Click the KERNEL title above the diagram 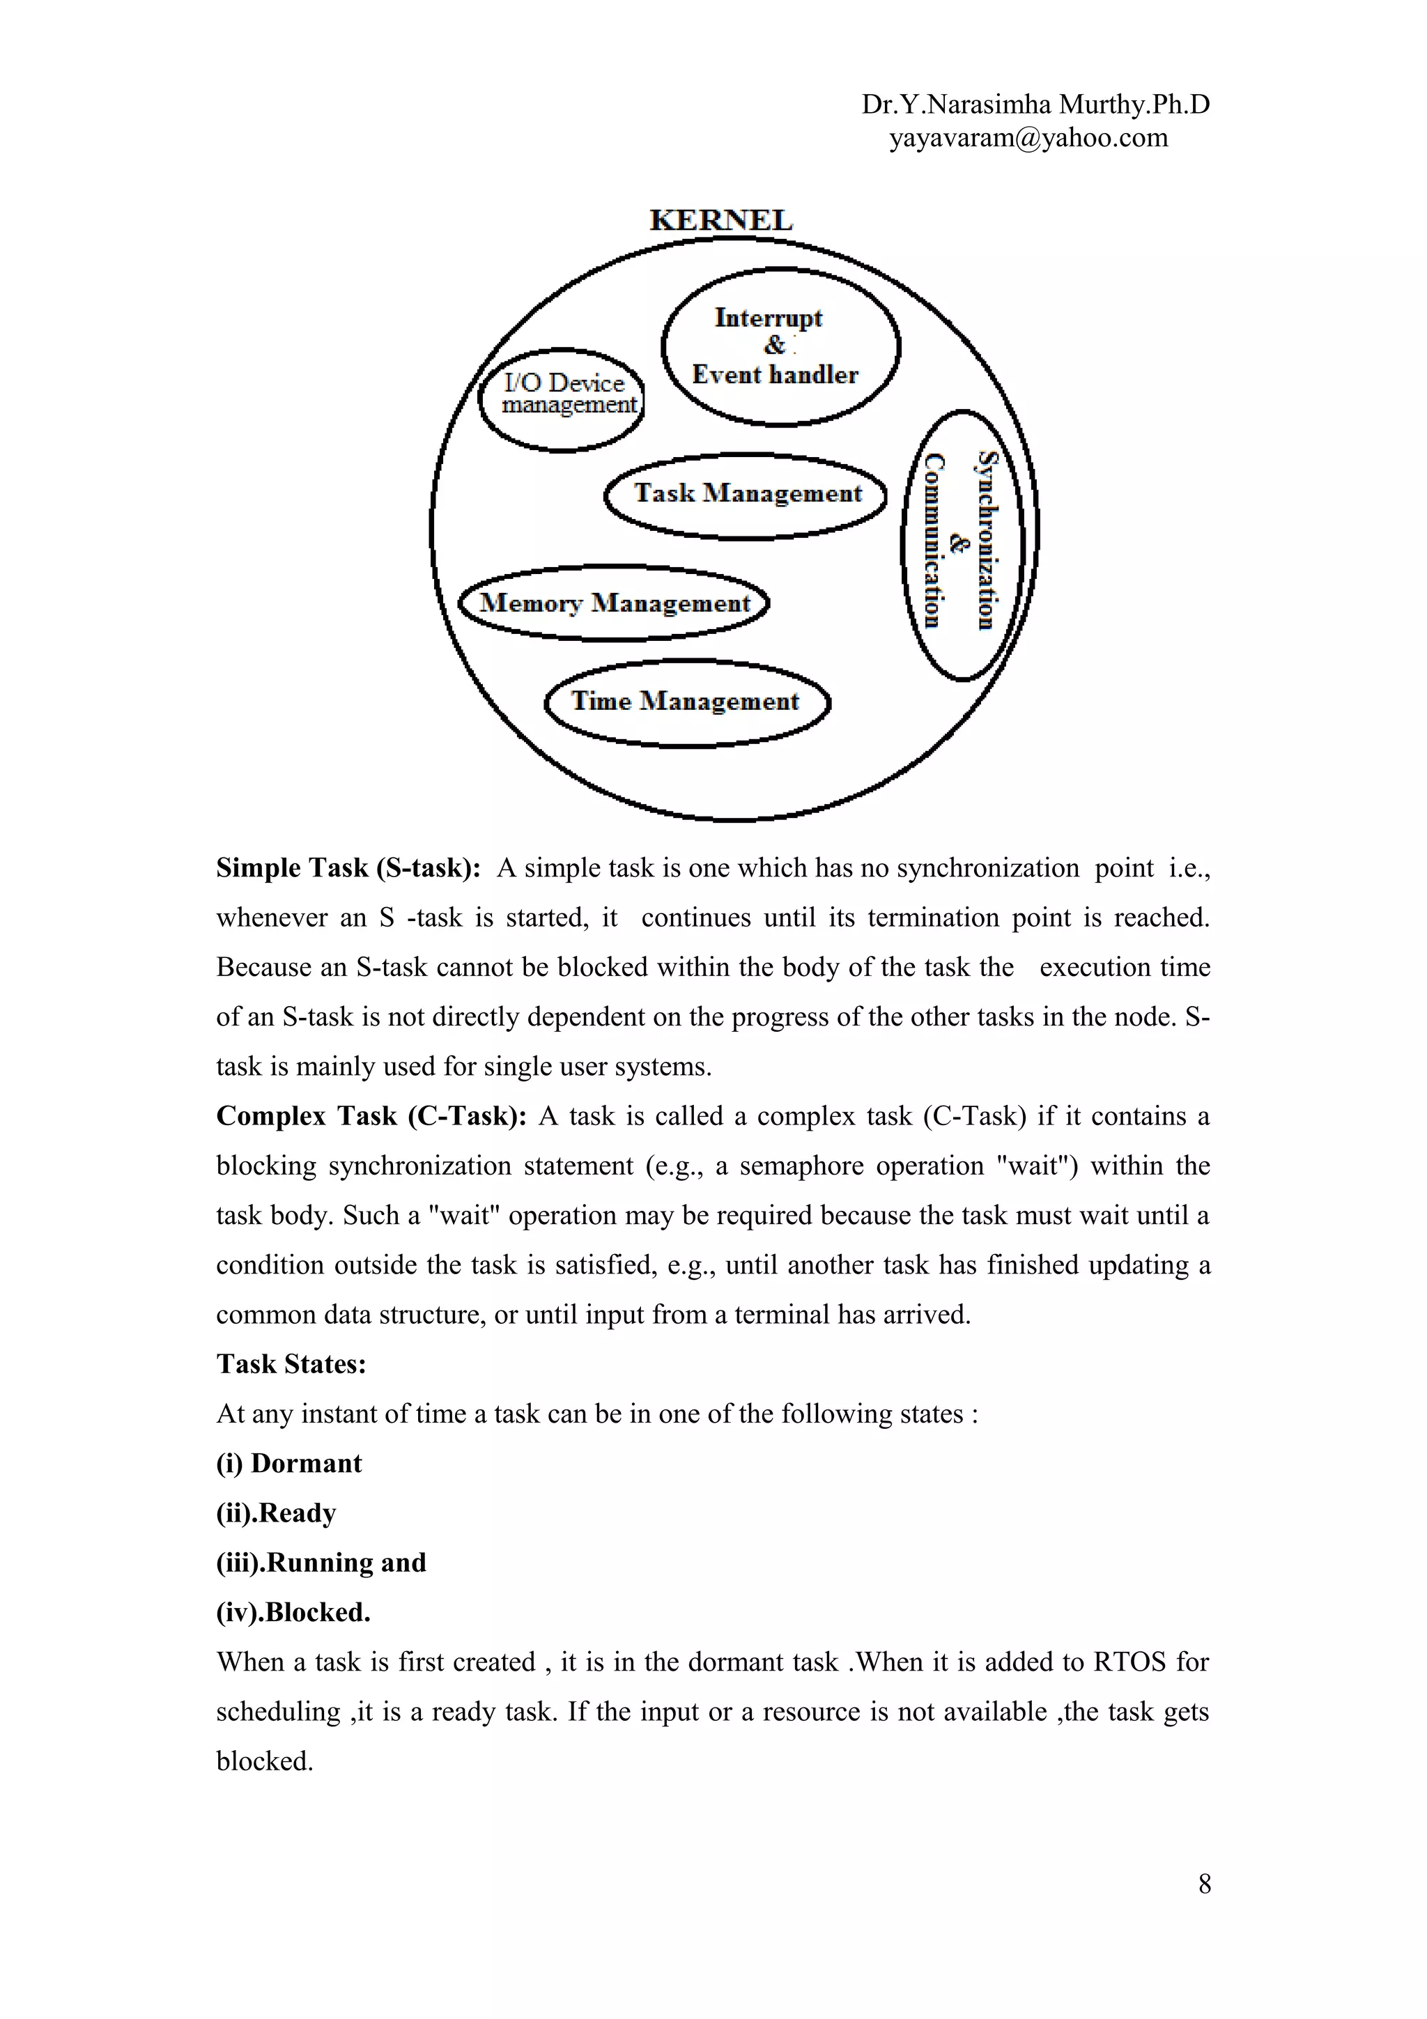pyautogui.click(x=720, y=220)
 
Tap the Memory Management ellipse pyautogui.click(x=614, y=603)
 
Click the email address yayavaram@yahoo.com pyautogui.click(x=1028, y=138)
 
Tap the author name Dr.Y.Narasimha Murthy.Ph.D pyautogui.click(x=1035, y=105)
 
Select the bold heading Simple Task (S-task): pyautogui.click(x=348, y=868)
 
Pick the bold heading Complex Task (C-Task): pyautogui.click(x=371, y=1116)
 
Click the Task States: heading pyautogui.click(x=291, y=1364)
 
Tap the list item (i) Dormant pyautogui.click(x=289, y=1463)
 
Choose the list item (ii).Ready pyautogui.click(x=276, y=1513)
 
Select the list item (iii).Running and pyautogui.click(x=321, y=1563)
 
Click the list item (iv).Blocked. pyautogui.click(x=293, y=1613)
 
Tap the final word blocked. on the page pyautogui.click(x=265, y=1761)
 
